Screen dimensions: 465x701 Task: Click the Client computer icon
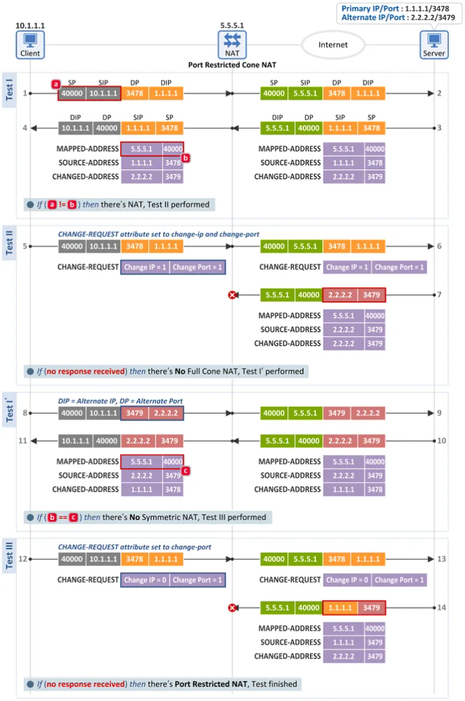tap(30, 45)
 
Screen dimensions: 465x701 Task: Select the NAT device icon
tap(232, 45)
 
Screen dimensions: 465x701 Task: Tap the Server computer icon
tap(434, 45)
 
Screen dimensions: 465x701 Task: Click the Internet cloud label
tap(333, 45)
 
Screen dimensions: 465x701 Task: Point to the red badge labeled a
tap(56, 84)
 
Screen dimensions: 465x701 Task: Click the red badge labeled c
tap(186, 471)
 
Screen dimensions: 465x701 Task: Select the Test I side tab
tap(9, 90)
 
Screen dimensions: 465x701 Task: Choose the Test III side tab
tap(9, 556)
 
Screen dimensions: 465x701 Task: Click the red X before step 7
tap(232, 295)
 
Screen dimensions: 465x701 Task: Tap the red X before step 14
tap(232, 608)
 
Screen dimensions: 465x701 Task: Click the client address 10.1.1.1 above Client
tap(30, 25)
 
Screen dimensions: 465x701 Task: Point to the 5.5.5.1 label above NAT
tap(232, 25)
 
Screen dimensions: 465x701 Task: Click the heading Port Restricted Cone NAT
tap(232, 65)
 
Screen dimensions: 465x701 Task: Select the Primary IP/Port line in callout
tap(396, 8)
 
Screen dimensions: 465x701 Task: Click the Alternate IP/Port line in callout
tap(398, 18)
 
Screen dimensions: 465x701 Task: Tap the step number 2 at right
tap(440, 93)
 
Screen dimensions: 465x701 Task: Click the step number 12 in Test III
tap(22, 559)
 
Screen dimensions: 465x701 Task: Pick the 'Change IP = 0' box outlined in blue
tap(145, 580)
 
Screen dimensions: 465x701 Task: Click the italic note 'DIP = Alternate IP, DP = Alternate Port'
tap(120, 401)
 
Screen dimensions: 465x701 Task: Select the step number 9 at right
tap(440, 413)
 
